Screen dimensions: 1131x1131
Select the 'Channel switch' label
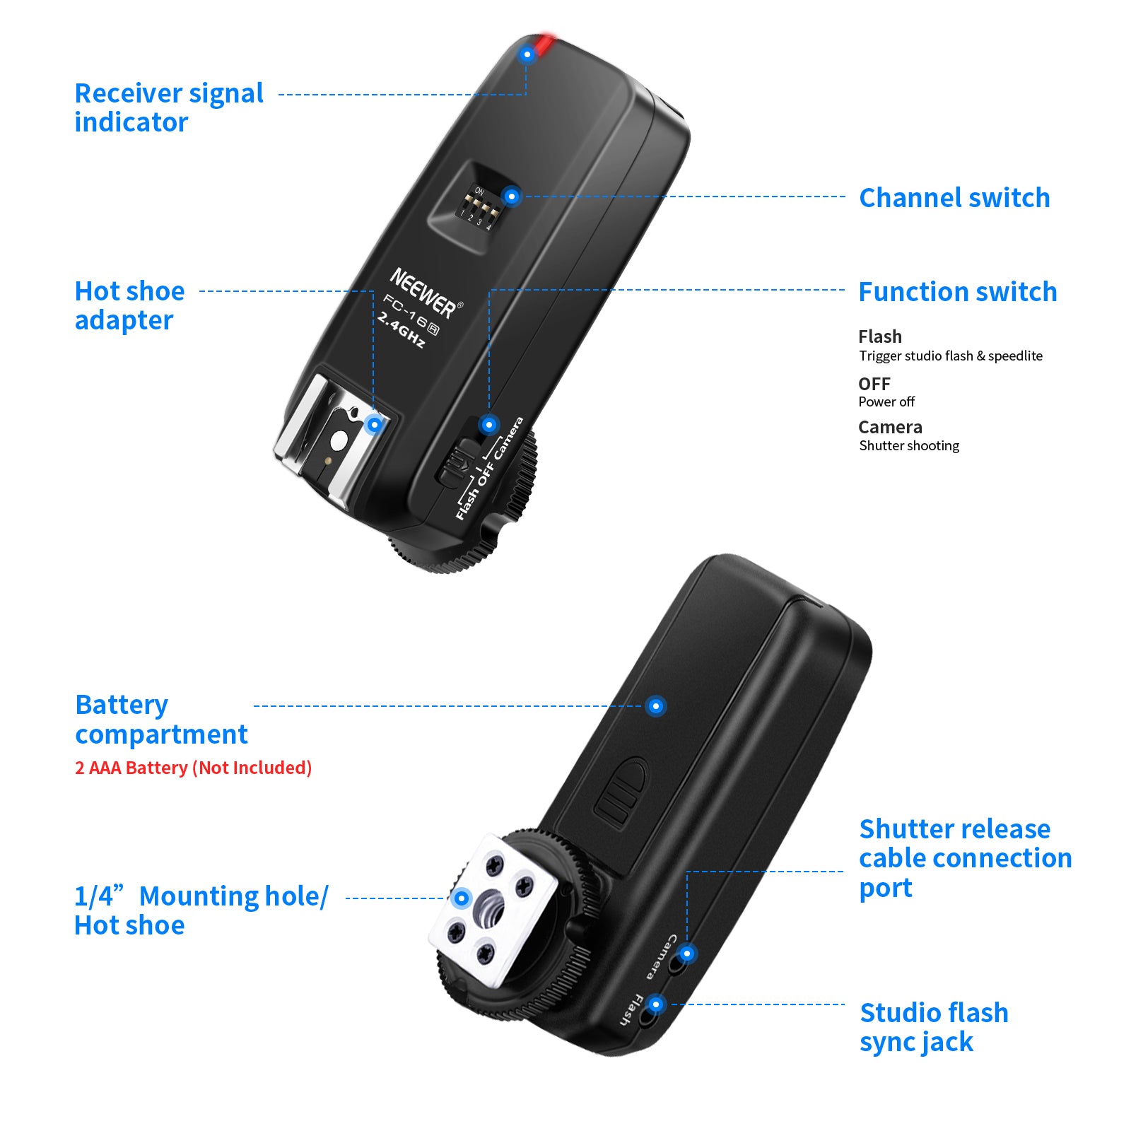click(954, 198)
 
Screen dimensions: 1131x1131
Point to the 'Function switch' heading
click(957, 292)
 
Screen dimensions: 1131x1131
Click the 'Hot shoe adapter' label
click(129, 305)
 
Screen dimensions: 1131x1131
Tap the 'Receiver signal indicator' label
click(168, 107)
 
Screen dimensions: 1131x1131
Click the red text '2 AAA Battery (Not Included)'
click(193, 768)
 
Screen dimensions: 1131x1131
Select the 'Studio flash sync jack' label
click(933, 1027)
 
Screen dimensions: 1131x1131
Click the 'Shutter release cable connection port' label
click(965, 857)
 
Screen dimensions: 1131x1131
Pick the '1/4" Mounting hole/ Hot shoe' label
click(201, 910)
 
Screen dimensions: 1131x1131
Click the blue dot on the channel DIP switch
click(511, 196)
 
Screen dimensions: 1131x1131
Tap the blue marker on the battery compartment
click(656, 705)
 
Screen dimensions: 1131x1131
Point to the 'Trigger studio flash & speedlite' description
click(950, 356)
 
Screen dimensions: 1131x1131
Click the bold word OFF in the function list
click(874, 384)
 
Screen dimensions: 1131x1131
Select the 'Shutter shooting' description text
click(909, 445)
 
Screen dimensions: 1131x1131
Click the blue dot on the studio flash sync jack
click(656, 1004)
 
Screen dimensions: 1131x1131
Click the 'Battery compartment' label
click(161, 720)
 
